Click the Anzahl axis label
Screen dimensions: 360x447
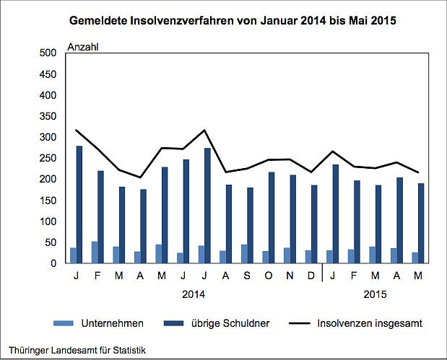point(82,47)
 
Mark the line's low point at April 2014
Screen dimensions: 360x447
point(141,177)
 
